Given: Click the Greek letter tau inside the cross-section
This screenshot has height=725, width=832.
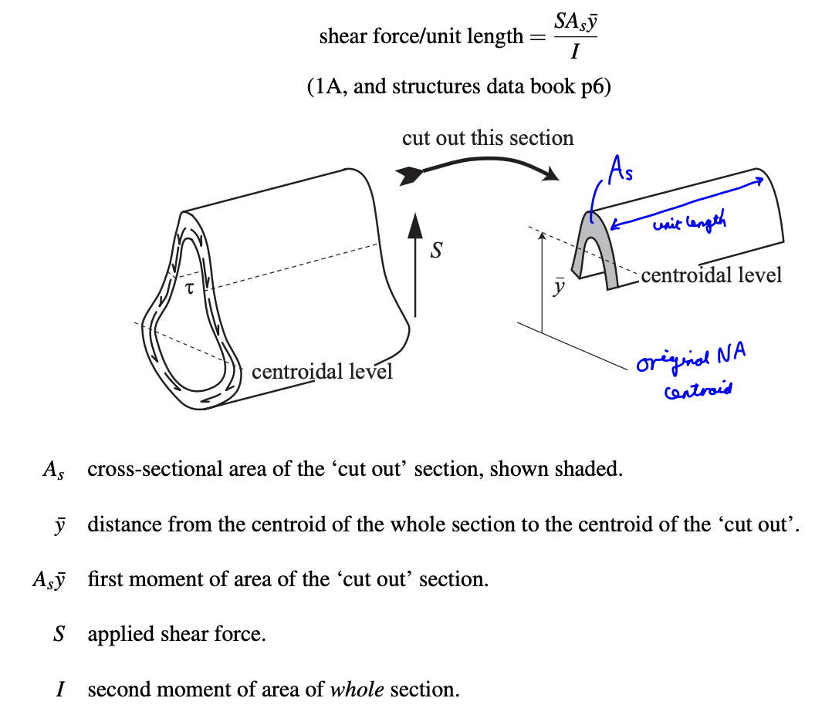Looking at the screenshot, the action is (188, 288).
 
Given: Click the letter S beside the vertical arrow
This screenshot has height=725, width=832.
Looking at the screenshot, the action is (436, 251).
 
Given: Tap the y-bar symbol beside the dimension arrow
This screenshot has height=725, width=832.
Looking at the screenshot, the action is (560, 287).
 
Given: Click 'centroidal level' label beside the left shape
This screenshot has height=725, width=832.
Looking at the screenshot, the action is (322, 372).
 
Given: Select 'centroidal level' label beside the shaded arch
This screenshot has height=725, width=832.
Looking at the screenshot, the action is (711, 275).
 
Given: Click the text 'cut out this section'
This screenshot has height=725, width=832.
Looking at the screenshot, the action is (488, 138).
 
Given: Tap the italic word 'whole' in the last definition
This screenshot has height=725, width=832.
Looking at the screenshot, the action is (357, 690).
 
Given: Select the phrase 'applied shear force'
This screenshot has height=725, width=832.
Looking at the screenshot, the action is (176, 635).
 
